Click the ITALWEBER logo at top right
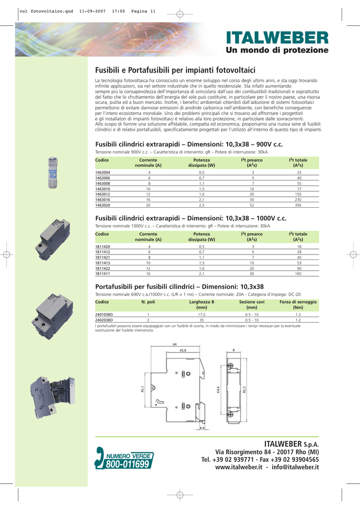point(277,38)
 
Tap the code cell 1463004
point(102,172)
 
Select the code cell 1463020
point(102,205)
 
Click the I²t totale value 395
point(298,205)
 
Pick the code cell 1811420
point(102,247)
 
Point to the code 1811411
point(102,274)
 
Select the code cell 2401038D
point(104,315)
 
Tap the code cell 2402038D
point(104,320)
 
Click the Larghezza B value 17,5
point(201,315)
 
